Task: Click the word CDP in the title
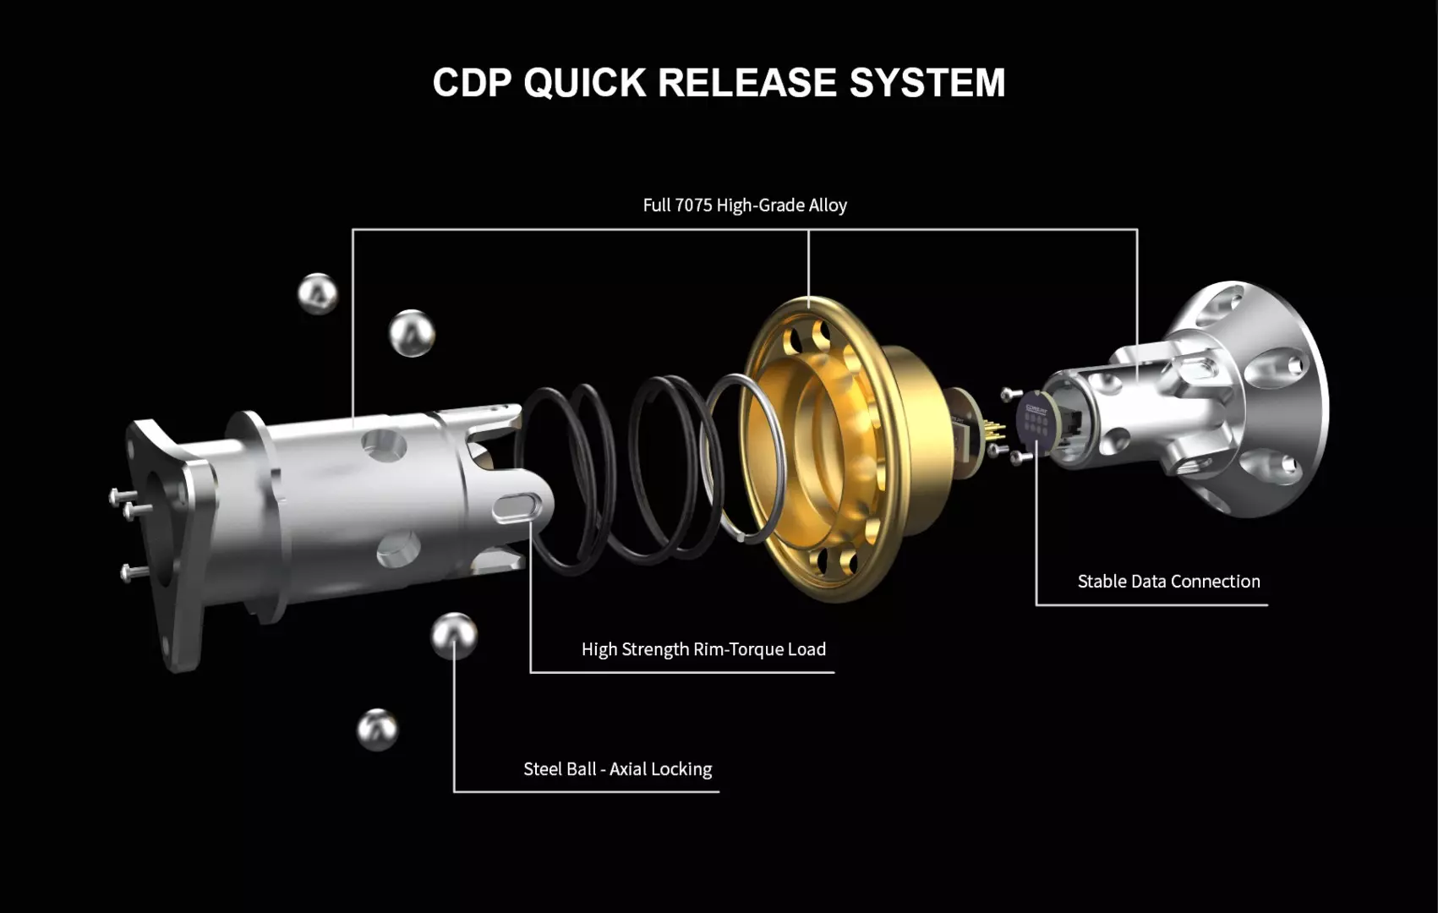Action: click(x=472, y=83)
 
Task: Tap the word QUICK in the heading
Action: click(x=584, y=83)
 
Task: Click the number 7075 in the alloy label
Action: click(x=693, y=205)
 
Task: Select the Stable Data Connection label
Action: click(x=1168, y=582)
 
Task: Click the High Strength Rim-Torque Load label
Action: click(x=703, y=649)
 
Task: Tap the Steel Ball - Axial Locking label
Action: click(x=617, y=769)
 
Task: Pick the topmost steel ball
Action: click(x=318, y=293)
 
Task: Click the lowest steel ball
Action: click(x=377, y=730)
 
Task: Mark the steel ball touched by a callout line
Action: click(x=454, y=636)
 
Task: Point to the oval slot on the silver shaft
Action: click(x=517, y=507)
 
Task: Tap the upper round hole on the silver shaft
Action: click(x=383, y=444)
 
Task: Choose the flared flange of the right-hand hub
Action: click(x=1268, y=397)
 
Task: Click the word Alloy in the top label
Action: click(x=827, y=205)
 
